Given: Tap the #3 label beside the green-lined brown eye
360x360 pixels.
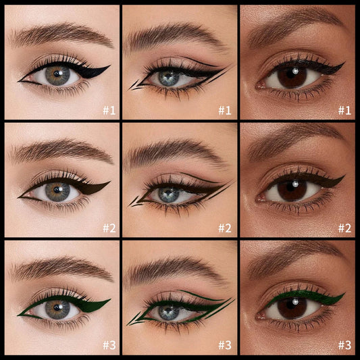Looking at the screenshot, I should pos(344,345).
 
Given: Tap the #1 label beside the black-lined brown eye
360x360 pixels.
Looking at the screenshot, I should pos(344,109).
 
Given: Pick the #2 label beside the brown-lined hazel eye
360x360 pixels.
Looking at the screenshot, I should pos(109,228).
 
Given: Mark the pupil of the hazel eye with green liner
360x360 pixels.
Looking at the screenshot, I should pos(58,310).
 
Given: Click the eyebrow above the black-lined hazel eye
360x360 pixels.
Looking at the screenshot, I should pos(61,35).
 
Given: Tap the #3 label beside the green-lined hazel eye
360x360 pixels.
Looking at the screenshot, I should pos(109,345).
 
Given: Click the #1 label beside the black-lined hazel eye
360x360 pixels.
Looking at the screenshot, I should pos(109,109).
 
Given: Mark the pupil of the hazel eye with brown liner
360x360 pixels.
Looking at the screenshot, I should pos(58,192).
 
